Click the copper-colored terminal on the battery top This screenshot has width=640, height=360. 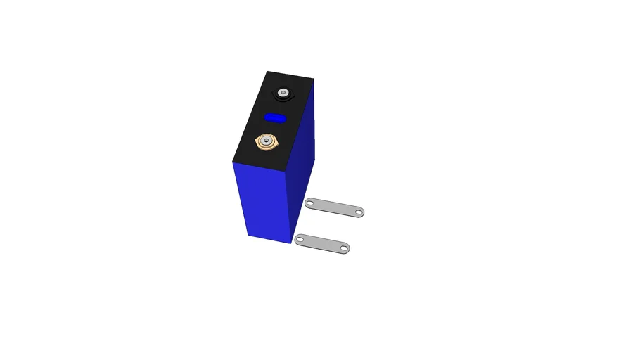point(267,143)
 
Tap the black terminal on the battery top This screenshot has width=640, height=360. point(284,93)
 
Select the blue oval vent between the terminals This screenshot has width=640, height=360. point(275,117)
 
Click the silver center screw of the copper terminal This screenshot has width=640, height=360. point(267,143)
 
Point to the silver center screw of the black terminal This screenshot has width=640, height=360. point(284,93)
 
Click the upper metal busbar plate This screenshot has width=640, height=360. point(335,207)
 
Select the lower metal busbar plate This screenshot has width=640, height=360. point(322,243)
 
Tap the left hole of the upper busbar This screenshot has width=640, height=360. point(310,203)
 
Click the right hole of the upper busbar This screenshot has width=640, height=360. point(358,212)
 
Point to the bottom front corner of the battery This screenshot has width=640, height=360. point(291,243)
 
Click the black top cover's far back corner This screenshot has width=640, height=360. point(313,79)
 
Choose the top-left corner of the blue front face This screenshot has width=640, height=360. point(231,161)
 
